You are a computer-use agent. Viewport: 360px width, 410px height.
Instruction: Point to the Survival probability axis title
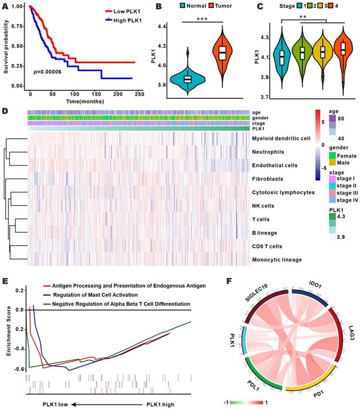pos(5,46)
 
